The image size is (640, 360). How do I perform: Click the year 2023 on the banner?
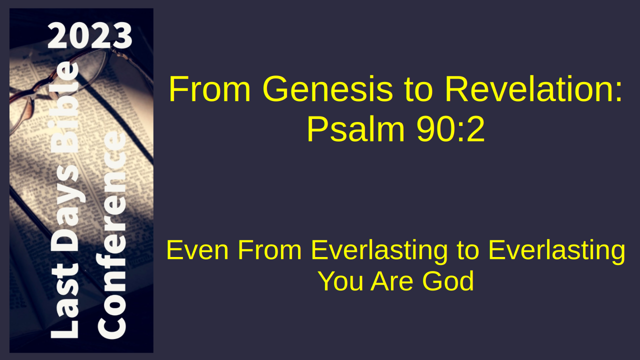tap(89, 35)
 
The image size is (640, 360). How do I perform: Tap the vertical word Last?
tap(65, 304)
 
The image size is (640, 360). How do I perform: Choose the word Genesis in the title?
tap(327, 89)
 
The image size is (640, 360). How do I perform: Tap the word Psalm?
tap(356, 129)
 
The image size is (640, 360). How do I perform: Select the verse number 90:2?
tap(450, 129)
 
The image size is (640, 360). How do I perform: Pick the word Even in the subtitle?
tap(197, 250)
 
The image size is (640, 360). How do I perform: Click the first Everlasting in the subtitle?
tap(379, 251)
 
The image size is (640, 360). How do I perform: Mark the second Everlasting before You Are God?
tap(557, 251)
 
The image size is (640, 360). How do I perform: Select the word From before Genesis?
tap(209, 88)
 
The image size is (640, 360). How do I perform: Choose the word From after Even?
tap(269, 250)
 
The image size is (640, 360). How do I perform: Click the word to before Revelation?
tap(418, 90)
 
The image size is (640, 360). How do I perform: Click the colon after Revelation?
tap(618, 92)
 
